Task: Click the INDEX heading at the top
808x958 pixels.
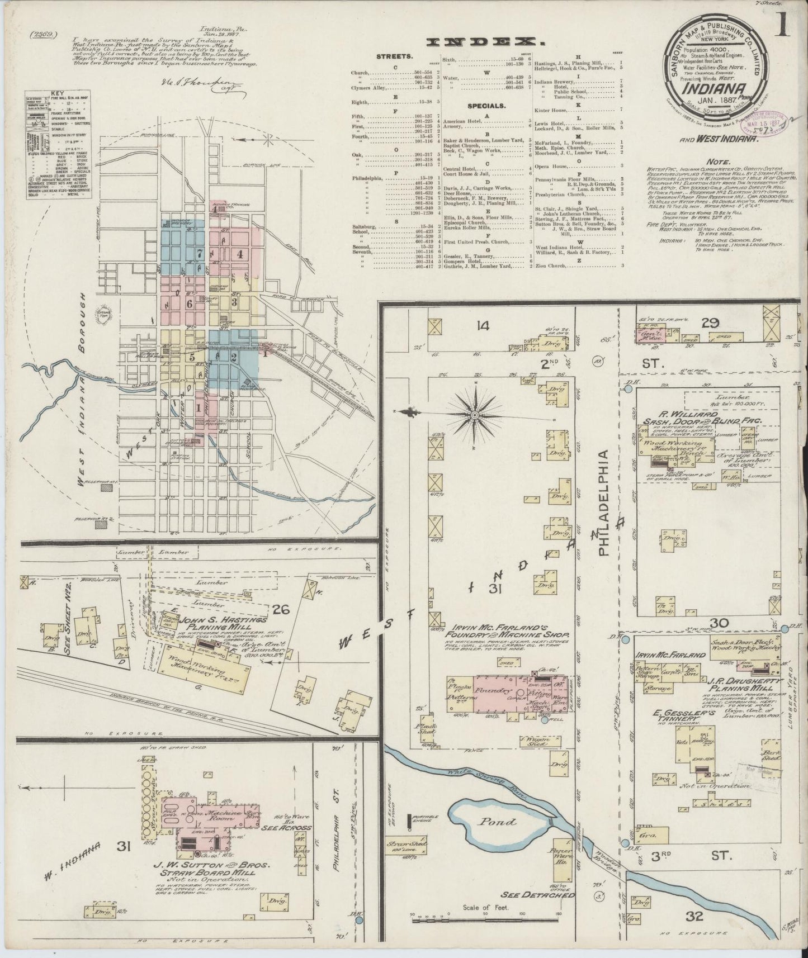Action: tap(485, 42)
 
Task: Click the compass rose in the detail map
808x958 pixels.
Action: tap(474, 415)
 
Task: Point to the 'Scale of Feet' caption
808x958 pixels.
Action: tap(485, 908)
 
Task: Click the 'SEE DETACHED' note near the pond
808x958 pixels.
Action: tap(539, 895)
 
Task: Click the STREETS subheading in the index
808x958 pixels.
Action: tap(394, 56)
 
